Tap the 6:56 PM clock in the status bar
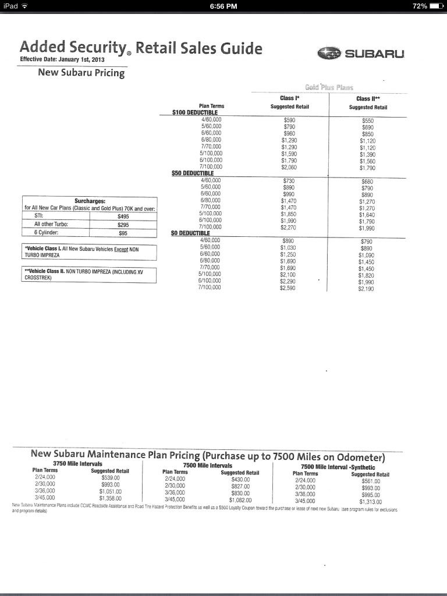coord(223,6)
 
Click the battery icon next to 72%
coord(437,6)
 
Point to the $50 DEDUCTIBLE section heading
coord(193,173)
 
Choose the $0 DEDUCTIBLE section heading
coord(191,233)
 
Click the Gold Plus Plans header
coord(329,87)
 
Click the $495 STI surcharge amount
coord(123,215)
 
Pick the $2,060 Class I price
coord(289,167)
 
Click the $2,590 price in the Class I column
coord(288,288)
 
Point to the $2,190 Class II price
coord(367,288)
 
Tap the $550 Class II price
coord(367,120)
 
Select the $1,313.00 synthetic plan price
coord(370,501)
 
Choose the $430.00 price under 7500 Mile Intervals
coord(240,479)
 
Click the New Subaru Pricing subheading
coord(81,73)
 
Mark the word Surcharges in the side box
coord(90,201)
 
